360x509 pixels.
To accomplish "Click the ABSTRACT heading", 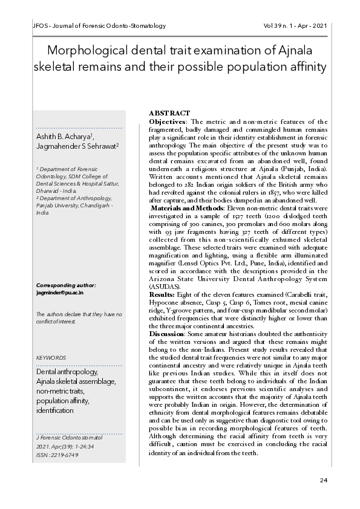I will point(169,114).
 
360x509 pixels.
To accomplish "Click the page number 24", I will point(324,480).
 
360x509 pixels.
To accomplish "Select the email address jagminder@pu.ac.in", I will point(60,292).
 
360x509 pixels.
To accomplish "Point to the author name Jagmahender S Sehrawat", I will point(77,146).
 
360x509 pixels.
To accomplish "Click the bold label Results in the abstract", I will point(162,293).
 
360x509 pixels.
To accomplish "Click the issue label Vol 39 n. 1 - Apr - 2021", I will point(295,25).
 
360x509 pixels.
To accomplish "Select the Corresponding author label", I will point(66,285).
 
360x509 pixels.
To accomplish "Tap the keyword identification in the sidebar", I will point(54,410).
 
